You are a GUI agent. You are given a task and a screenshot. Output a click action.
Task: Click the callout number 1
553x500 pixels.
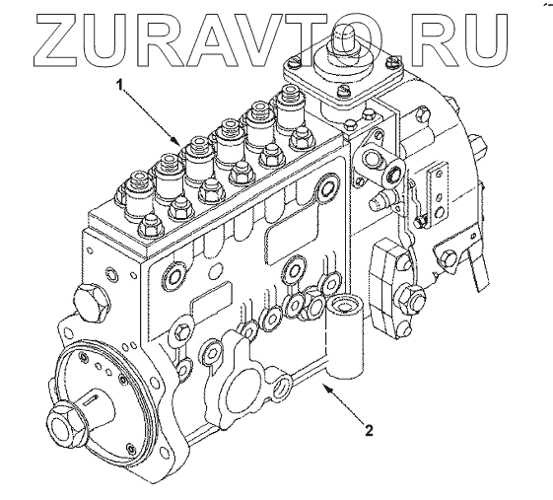pos(120,85)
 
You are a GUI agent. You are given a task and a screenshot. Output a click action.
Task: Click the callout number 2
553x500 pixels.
pos(369,430)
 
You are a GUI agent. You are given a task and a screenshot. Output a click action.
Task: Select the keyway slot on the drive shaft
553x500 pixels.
pos(93,398)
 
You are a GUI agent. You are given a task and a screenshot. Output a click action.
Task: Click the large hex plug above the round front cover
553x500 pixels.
pos(91,303)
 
